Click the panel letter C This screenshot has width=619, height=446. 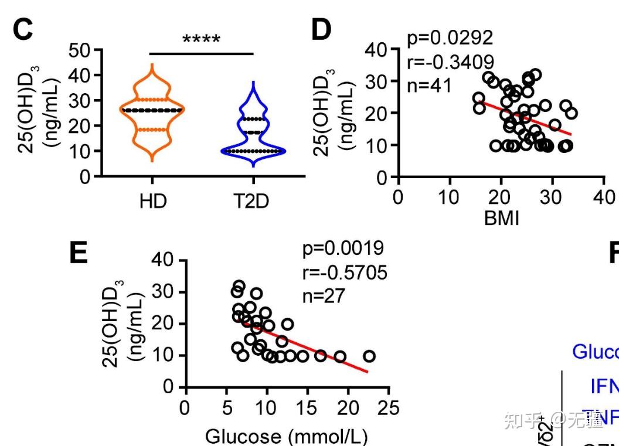23,30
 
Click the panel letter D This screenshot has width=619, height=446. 321,30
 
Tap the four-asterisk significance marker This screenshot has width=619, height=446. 201,40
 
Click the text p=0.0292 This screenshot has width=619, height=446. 450,38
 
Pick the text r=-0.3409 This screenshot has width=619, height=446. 450,62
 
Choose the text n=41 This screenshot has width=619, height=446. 429,86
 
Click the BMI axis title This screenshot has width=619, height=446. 501,219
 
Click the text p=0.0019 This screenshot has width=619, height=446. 343,248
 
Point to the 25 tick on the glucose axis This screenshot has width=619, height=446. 388,408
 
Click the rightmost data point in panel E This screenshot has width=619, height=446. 369,356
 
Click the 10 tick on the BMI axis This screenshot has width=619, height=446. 450,197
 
